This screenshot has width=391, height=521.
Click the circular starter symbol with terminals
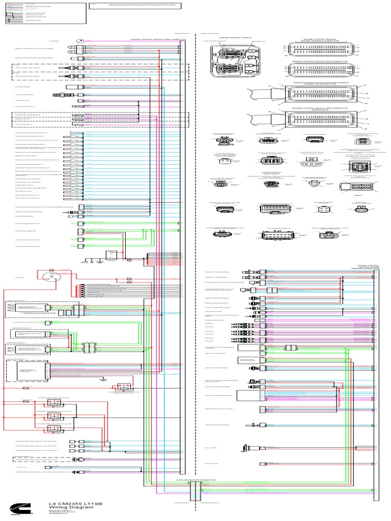click(51, 278)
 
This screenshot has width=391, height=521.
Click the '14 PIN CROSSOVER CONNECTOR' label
click(197, 479)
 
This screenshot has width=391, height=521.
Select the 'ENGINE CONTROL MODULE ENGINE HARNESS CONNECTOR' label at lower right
click(368, 267)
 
